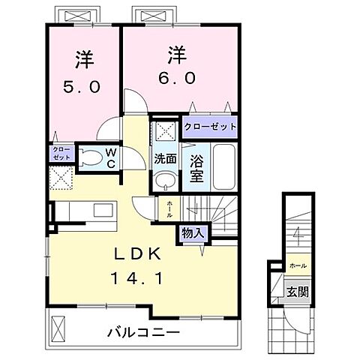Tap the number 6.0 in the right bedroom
tap(177, 78)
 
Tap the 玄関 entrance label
tap(298, 290)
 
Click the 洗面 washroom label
tap(165, 159)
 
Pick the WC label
tap(109, 158)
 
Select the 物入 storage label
tap(192, 233)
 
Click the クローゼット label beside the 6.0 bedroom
tap(210, 127)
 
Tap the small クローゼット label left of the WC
tap(60, 154)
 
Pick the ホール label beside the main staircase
tap(169, 208)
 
